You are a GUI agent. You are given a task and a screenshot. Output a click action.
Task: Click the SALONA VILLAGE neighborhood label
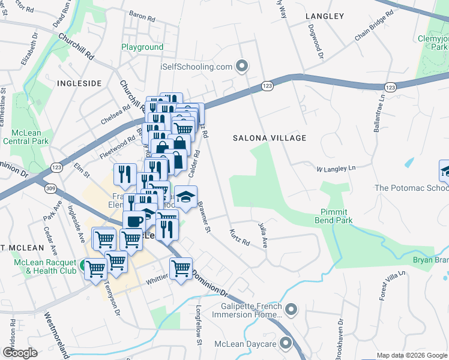(x=270, y=138)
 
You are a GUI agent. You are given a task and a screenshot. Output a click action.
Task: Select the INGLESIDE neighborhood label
(x=79, y=83)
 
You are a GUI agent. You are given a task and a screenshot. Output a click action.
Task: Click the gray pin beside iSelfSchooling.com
(x=242, y=66)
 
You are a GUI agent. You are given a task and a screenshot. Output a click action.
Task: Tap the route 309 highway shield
(x=49, y=188)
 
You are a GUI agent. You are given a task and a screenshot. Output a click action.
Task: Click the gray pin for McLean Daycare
(x=285, y=344)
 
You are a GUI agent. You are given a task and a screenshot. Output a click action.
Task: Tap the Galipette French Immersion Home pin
(x=291, y=310)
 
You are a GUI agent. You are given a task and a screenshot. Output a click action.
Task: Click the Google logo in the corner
(x=20, y=353)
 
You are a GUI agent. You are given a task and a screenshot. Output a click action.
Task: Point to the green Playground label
(x=142, y=47)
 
